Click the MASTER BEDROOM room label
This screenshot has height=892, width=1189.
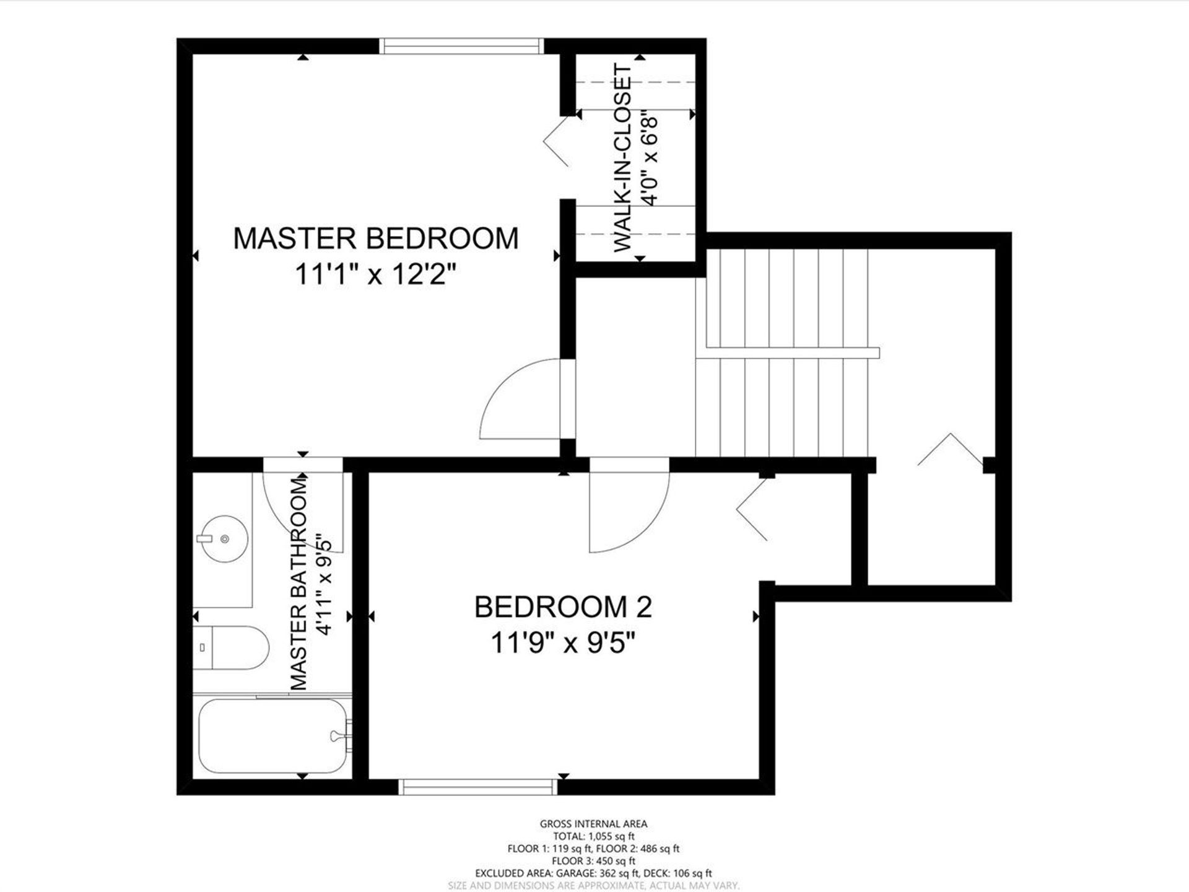(376, 238)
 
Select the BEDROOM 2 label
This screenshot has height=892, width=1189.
(563, 607)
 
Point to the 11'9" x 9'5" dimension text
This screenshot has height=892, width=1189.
(563, 643)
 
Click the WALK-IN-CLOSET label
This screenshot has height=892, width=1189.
(624, 158)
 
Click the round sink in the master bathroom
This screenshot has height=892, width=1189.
(223, 540)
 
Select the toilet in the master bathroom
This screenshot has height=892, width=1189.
(230, 647)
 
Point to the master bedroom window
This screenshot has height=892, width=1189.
(461, 46)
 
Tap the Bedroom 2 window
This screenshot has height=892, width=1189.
(477, 787)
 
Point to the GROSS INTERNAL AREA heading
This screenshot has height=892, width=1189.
(593, 824)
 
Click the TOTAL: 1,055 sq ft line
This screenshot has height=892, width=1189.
(593, 836)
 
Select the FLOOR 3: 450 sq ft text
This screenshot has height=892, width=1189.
(593, 861)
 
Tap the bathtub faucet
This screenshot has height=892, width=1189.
(341, 737)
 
